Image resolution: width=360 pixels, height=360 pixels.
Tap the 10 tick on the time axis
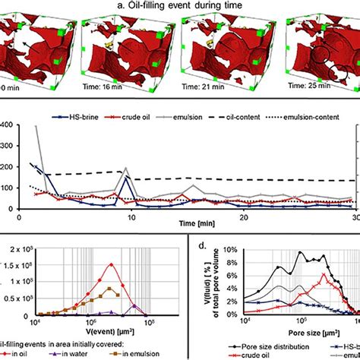click(131, 217)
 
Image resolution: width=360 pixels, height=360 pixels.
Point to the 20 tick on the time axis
click(243, 217)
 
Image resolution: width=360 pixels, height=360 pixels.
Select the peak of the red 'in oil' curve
click(111, 264)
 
